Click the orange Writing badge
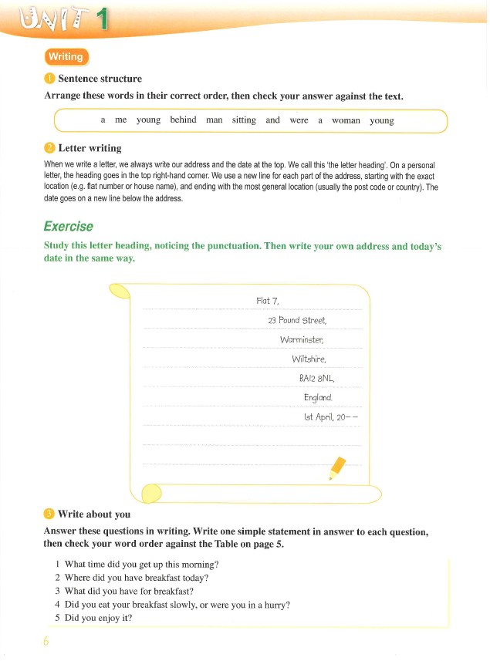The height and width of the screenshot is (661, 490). pyautogui.click(x=67, y=57)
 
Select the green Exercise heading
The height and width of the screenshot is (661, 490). pyautogui.click(x=68, y=226)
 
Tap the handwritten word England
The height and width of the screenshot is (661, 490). pyautogui.click(x=318, y=397)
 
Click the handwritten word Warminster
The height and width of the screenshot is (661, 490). pyautogui.click(x=302, y=339)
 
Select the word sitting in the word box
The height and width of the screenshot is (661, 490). pyautogui.click(x=243, y=120)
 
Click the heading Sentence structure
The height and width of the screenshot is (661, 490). pyautogui.click(x=100, y=79)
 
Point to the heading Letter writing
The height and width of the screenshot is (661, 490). pyautogui.click(x=90, y=148)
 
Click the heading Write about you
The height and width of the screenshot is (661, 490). pyautogui.click(x=94, y=514)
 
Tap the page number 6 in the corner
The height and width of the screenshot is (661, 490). pyautogui.click(x=46, y=642)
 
